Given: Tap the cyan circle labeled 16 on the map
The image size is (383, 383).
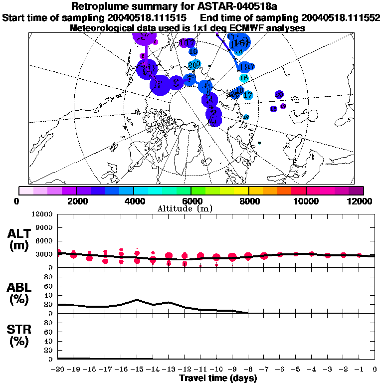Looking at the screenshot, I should click(x=244, y=78).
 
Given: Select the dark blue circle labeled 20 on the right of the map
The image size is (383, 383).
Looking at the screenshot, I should click(x=279, y=94).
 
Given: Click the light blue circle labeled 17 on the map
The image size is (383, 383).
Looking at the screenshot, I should click(x=248, y=95).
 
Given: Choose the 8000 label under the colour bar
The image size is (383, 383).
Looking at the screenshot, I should click(x=248, y=201).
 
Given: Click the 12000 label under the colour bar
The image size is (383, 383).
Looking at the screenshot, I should click(x=360, y=201).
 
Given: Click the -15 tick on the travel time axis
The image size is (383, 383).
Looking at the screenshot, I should click(x=137, y=370).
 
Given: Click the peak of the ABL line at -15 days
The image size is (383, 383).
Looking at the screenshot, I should click(x=137, y=300).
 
